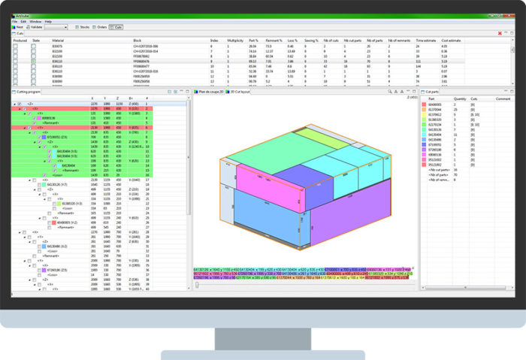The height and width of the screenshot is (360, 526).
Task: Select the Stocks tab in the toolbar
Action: tap(82, 26)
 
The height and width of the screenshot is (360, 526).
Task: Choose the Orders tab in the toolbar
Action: tap(101, 26)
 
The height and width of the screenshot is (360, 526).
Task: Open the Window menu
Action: tap(35, 21)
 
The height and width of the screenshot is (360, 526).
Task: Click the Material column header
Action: tap(59, 41)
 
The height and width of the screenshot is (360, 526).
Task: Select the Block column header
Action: tap(137, 41)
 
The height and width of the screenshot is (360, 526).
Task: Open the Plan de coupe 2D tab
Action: tap(213, 92)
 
